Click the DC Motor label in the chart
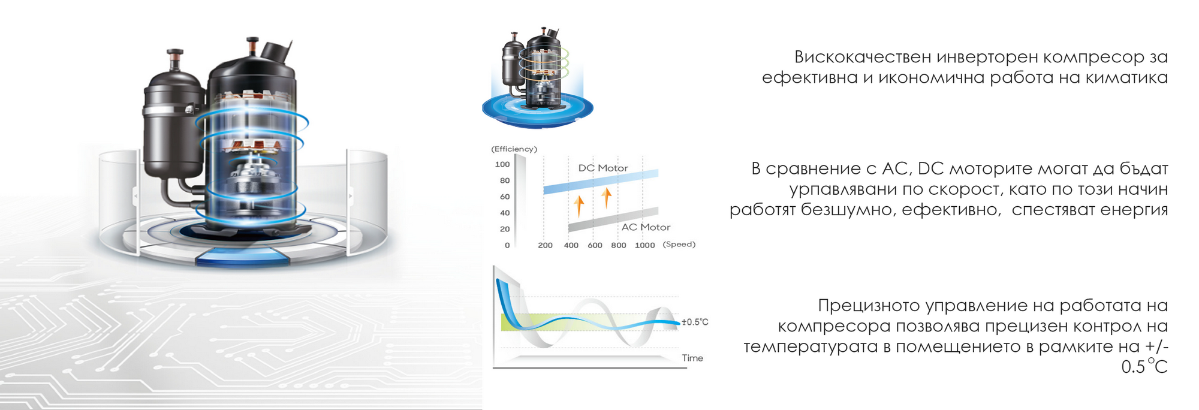(x=603, y=168)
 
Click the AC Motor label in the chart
(x=646, y=227)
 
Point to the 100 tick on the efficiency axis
(x=502, y=164)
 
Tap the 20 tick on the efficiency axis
(x=505, y=229)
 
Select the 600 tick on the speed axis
(x=595, y=245)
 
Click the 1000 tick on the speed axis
(x=644, y=245)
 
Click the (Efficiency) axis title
(x=514, y=149)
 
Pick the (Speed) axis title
(x=679, y=245)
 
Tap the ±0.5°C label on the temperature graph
(x=695, y=322)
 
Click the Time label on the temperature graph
(x=692, y=358)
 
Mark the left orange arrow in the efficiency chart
(x=579, y=206)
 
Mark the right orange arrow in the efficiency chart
(x=607, y=197)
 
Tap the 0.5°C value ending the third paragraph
(x=1144, y=366)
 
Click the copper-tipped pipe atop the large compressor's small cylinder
(x=175, y=60)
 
